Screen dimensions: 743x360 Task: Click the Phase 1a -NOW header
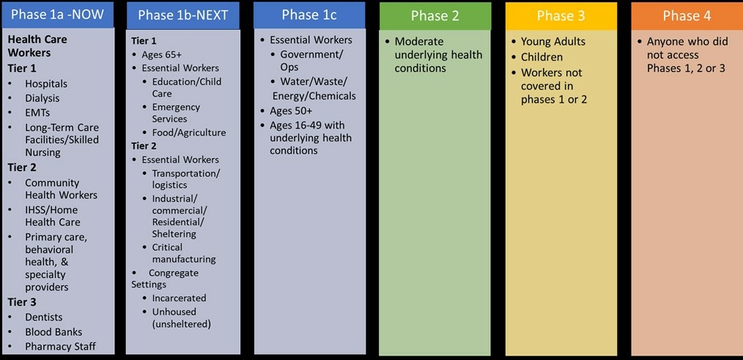57,15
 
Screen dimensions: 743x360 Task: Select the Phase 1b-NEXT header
183,15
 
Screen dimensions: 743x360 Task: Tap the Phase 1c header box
309,15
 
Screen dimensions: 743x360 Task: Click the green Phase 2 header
435,15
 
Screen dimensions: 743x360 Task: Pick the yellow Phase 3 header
561,15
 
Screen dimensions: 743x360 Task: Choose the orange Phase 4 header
687,15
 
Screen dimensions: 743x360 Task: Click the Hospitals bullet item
46,84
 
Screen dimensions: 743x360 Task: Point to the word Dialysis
42,98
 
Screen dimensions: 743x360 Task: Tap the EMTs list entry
37,113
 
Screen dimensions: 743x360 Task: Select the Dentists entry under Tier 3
43,317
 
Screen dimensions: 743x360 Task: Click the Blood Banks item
53,332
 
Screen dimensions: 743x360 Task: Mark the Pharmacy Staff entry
60,347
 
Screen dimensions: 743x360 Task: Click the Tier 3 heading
22,302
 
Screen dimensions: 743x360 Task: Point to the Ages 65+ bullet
162,54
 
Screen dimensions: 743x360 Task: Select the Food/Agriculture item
189,133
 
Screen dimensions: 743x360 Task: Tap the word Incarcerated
179,298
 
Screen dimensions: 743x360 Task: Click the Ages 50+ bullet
290,111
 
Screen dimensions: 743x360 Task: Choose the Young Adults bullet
553,42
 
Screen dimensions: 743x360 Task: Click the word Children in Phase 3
541,57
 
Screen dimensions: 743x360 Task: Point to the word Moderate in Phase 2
419,42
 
